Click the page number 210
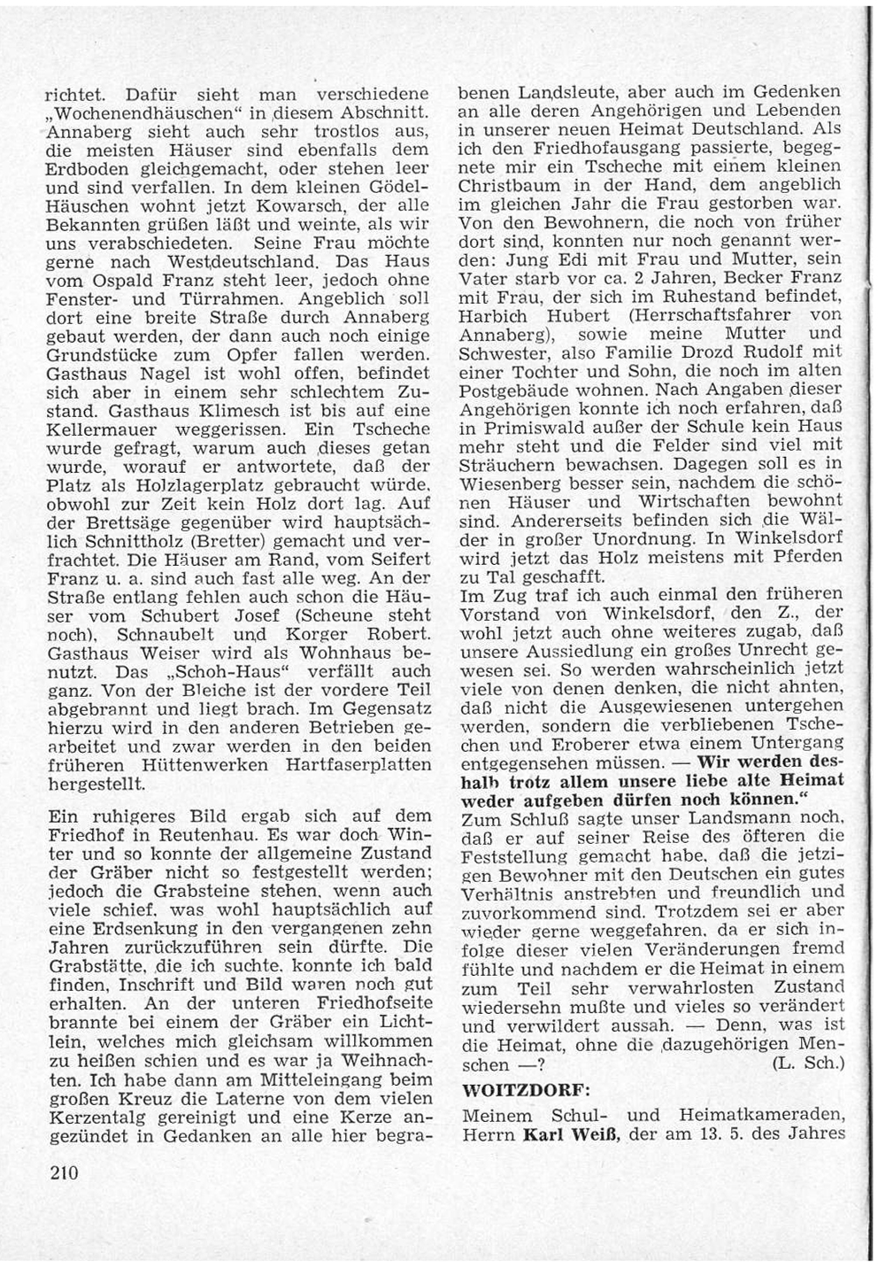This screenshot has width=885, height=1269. [x=65, y=1174]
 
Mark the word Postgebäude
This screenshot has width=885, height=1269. [x=514, y=391]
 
